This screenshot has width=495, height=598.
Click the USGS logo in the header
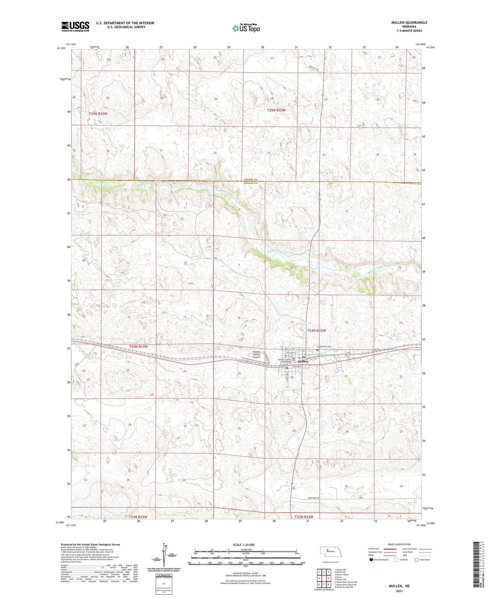click(x=75, y=26)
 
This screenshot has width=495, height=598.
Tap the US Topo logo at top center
click(x=246, y=28)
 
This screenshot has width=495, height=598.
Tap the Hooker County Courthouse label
click(x=285, y=361)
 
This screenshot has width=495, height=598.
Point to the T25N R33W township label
click(x=98, y=114)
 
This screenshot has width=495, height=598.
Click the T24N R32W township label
click(x=316, y=330)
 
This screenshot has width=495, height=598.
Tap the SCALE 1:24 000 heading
click(x=244, y=545)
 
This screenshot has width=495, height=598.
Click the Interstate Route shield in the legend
click(x=371, y=560)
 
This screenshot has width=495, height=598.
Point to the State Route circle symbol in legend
click(x=416, y=560)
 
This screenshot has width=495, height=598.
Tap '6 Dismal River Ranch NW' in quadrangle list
click(x=346, y=582)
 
